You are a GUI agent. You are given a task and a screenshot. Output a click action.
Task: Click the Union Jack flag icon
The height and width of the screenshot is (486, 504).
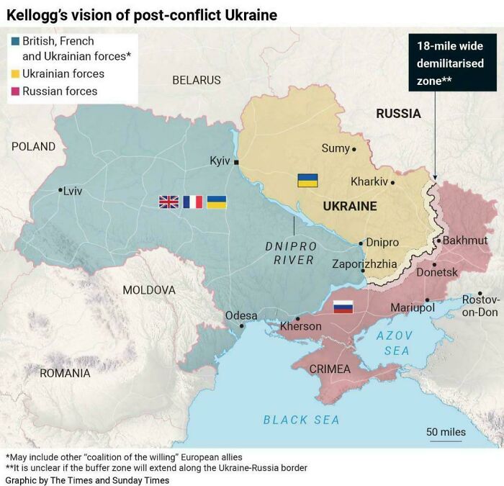pyautogui.click(x=168, y=202)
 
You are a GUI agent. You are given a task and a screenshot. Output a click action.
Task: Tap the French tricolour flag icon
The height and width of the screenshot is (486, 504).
pyautogui.click(x=193, y=202)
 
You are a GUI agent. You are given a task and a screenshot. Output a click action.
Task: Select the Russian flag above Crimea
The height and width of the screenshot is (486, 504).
pyautogui.click(x=343, y=307)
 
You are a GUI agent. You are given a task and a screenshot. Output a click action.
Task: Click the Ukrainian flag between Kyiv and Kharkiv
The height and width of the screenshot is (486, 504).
pyautogui.click(x=308, y=180)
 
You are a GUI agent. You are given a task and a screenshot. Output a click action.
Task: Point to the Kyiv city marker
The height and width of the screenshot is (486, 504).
pyautogui.click(x=236, y=162)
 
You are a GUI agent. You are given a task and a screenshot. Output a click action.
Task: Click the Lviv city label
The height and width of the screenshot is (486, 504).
pyautogui.click(x=72, y=191)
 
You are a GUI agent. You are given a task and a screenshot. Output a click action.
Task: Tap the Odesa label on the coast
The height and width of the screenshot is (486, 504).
pyautogui.click(x=240, y=315)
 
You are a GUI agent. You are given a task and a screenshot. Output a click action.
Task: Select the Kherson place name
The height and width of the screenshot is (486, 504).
pyautogui.click(x=300, y=326)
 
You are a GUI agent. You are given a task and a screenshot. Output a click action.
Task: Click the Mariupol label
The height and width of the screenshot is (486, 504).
pyautogui.click(x=413, y=307)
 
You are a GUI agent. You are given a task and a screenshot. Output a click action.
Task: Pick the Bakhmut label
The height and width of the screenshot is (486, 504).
pyautogui.click(x=465, y=240)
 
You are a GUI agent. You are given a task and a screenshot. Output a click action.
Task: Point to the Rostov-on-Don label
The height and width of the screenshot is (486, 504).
pyautogui.click(x=480, y=305)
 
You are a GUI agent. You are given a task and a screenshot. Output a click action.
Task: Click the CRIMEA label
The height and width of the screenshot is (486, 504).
pyautogui.click(x=330, y=369)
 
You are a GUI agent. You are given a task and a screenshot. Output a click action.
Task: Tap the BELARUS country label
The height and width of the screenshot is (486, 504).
pyautogui.click(x=197, y=79)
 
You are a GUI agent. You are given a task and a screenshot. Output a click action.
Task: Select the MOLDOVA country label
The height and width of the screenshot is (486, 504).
pyautogui.click(x=149, y=289)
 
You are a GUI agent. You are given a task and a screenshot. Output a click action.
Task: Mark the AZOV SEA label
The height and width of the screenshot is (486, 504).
pyautogui.click(x=396, y=343)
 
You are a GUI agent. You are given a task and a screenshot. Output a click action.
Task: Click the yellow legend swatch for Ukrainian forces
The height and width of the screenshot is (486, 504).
pyautogui.click(x=15, y=73)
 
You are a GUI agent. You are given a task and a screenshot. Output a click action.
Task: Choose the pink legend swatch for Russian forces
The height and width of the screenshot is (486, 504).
pyautogui.click(x=15, y=91)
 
